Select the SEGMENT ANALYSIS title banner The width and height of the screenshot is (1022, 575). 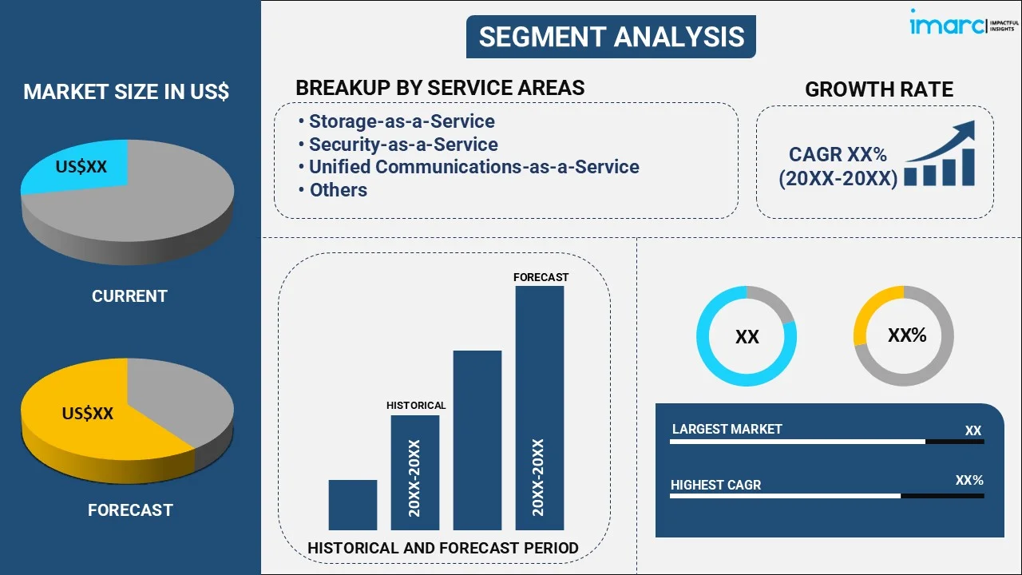(611, 36)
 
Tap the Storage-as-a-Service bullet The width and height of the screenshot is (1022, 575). (401, 121)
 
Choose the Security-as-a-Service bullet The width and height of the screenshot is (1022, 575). (402, 145)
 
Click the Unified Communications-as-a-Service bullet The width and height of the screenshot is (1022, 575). (473, 167)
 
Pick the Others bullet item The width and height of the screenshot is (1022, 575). (338, 190)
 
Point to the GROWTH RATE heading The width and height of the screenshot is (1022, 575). (878, 89)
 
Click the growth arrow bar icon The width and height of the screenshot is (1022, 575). (941, 156)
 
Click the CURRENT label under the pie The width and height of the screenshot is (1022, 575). (129, 296)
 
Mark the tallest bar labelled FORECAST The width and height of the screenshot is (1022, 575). (540, 407)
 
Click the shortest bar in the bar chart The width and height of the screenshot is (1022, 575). (352, 505)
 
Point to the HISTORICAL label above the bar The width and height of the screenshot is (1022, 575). (416, 406)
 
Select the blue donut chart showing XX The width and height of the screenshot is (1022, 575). (747, 336)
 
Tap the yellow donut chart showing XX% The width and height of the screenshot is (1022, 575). (904, 335)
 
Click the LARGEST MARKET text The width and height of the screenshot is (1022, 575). (727, 430)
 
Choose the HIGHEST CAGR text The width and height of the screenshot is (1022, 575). (715, 485)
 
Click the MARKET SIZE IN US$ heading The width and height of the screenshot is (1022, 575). (126, 92)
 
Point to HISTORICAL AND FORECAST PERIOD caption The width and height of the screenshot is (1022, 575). (443, 548)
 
